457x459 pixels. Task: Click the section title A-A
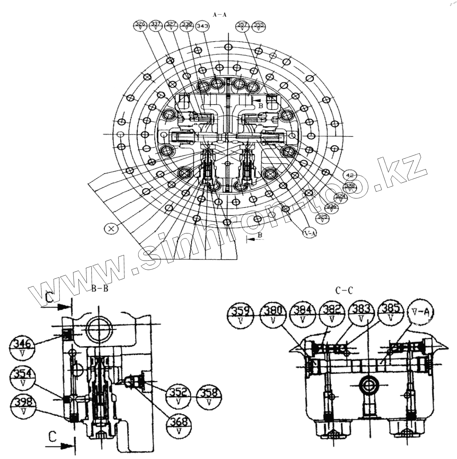[x=220, y=15]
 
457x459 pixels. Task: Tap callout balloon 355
[x=259, y=26]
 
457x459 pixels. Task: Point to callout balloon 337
[x=156, y=26]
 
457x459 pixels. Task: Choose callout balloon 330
[x=187, y=26]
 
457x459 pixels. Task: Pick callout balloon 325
[x=322, y=219]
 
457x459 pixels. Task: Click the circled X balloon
[x=111, y=228]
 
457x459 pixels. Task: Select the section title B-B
[x=100, y=288]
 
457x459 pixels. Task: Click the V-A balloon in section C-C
[x=421, y=313]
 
